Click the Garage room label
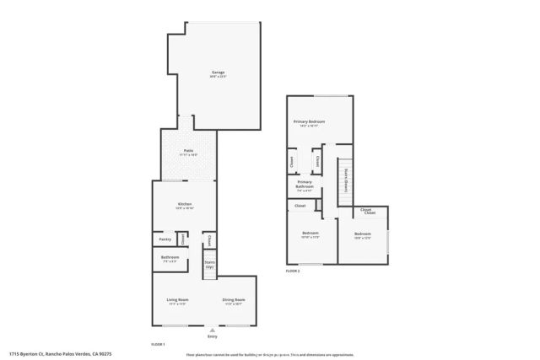click(218, 73)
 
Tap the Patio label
click(189, 152)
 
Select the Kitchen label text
click(185, 204)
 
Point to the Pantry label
click(165, 239)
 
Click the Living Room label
click(177, 300)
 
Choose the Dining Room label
click(234, 300)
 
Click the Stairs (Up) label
click(210, 264)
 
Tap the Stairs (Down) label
click(346, 179)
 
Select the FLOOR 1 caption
click(158, 344)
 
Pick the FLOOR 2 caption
click(293, 271)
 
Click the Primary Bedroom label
click(309, 122)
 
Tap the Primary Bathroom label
click(305, 184)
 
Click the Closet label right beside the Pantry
click(181, 240)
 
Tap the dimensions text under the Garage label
click(218, 77)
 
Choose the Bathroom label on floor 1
click(170, 257)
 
